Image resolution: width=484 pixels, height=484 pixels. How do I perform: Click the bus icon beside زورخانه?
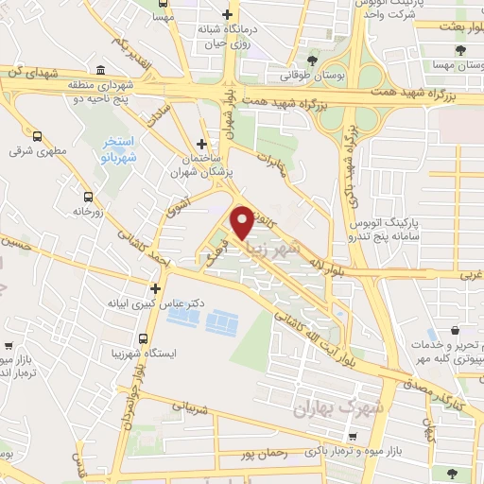pos(89,198)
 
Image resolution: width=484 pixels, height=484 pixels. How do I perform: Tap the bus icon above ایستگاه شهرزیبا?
pos(144,337)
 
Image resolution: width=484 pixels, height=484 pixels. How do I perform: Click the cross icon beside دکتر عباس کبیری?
pos(157,288)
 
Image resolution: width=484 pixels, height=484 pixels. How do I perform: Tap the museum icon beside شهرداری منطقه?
pos(101,68)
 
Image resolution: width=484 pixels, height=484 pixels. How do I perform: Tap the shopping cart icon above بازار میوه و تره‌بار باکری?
pos(352,437)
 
